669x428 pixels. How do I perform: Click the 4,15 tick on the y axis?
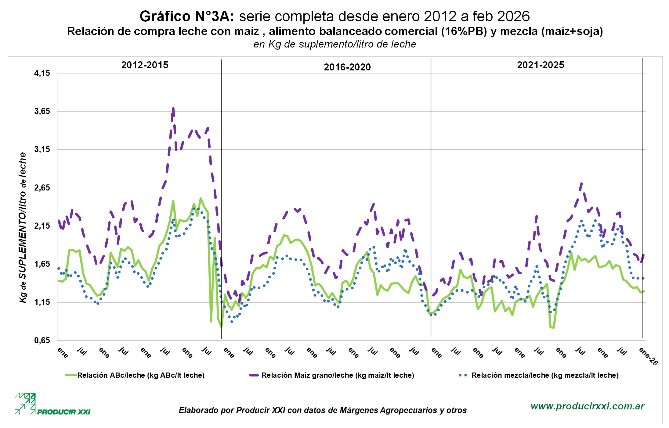click(42, 73)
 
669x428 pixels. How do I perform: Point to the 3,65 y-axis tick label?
click(42, 111)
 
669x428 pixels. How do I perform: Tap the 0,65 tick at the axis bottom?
click(42, 341)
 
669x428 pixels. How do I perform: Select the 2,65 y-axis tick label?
click(42, 188)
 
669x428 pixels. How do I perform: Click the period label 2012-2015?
click(145, 65)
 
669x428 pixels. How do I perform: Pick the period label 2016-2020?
click(347, 67)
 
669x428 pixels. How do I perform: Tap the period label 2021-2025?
click(541, 65)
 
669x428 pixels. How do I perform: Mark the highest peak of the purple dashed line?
click(173, 108)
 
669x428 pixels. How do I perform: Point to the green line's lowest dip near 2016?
click(221, 327)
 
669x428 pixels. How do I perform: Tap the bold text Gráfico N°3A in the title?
click(187, 16)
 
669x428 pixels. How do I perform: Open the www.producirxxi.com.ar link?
click(587, 406)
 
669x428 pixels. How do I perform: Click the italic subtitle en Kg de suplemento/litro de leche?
click(334, 44)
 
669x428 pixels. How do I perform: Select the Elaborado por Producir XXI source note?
click(323, 410)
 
